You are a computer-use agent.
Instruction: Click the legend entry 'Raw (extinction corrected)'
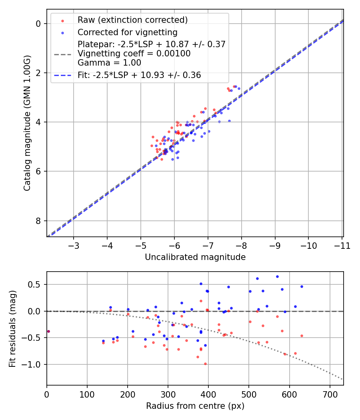click(132, 20)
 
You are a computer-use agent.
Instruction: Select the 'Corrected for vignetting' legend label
click(127, 32)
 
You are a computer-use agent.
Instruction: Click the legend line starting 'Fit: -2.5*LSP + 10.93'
click(139, 75)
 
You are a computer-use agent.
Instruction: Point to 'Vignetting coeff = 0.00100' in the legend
click(134, 53)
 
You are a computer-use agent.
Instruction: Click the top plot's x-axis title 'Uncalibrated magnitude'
click(195, 257)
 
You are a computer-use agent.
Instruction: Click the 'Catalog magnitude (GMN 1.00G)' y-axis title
click(27, 122)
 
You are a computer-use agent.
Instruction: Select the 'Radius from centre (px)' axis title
click(195, 406)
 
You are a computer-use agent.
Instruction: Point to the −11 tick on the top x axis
click(342, 245)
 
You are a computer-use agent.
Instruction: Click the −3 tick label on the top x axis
click(74, 245)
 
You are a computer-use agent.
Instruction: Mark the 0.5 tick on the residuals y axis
click(35, 284)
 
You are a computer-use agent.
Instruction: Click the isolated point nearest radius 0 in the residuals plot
click(48, 331)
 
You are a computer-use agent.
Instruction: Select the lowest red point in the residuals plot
click(205, 364)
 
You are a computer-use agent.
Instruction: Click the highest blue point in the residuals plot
click(277, 276)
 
